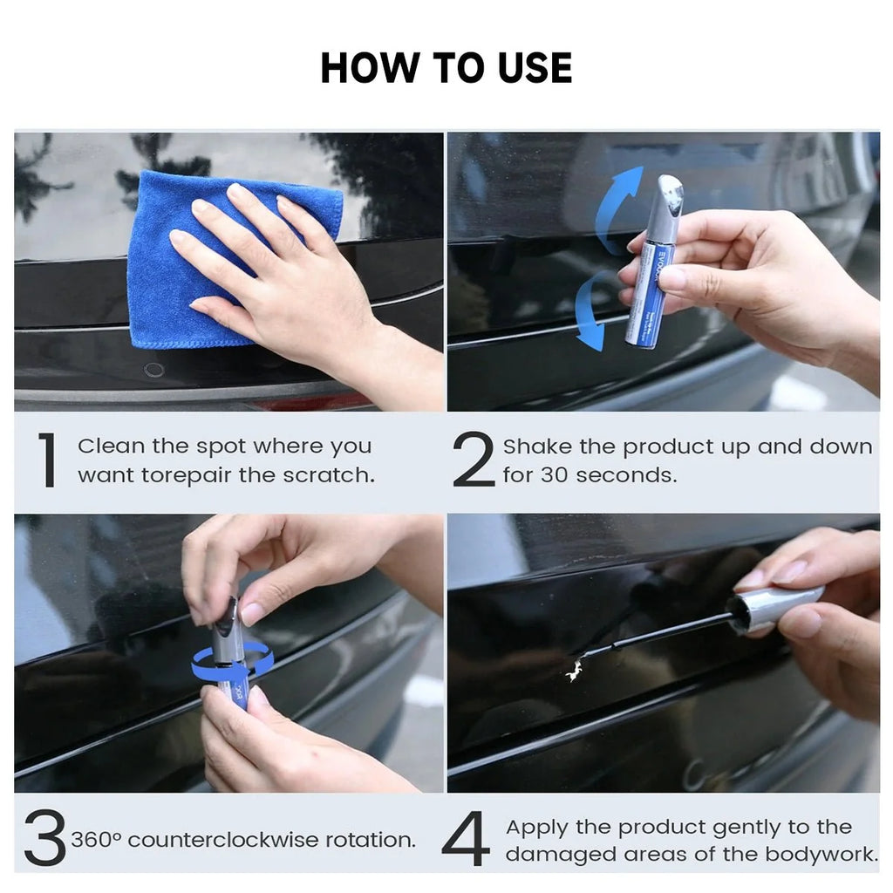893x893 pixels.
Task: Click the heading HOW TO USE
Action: click(x=446, y=68)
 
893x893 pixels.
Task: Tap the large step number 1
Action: click(x=48, y=460)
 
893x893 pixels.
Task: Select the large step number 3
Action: click(x=45, y=837)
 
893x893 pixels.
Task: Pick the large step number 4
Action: click(x=466, y=838)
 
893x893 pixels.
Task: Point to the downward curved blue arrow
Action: click(x=590, y=310)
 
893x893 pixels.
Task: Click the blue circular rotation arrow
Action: click(x=231, y=664)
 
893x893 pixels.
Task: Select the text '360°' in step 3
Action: click(x=96, y=840)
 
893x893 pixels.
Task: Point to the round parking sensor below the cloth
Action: click(x=153, y=370)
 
